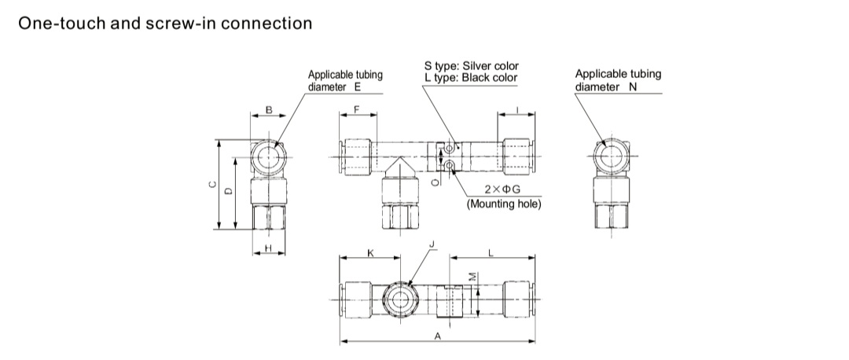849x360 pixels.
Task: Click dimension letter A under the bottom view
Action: coord(438,336)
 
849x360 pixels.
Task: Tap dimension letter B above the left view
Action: coord(269,110)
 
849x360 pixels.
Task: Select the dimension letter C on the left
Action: coord(211,186)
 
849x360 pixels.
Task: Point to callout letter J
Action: coord(432,246)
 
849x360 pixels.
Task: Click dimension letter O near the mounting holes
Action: coord(436,182)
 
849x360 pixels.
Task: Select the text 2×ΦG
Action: coord(502,189)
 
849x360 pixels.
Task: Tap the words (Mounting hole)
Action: coord(504,204)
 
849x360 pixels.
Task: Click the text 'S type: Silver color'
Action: coord(471,66)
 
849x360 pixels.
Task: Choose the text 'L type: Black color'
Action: coord(470,78)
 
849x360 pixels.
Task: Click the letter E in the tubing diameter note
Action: coord(358,86)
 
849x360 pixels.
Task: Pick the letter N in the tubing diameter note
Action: coord(633,86)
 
